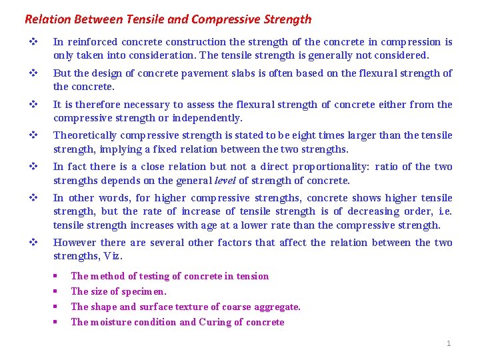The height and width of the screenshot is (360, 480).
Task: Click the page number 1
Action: pyautogui.click(x=449, y=343)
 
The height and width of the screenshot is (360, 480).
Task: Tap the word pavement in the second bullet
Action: pyautogui.click(x=203, y=73)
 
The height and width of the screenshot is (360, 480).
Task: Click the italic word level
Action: pyautogui.click(x=223, y=181)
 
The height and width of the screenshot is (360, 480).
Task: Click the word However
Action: pyautogui.click(x=74, y=243)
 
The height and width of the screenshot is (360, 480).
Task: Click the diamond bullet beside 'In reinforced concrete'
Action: pyautogui.click(x=31, y=42)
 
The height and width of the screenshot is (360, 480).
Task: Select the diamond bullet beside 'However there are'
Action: pyautogui.click(x=31, y=243)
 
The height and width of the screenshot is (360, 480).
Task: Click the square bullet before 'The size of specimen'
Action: pyautogui.click(x=55, y=291)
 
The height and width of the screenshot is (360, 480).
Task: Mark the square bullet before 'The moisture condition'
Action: pyautogui.click(x=55, y=322)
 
